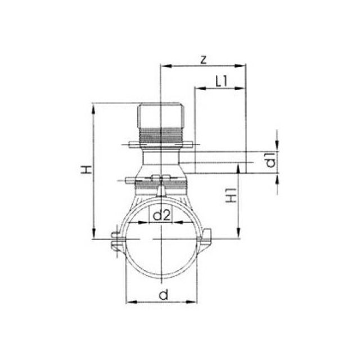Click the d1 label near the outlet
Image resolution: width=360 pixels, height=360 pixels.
coord(271,160)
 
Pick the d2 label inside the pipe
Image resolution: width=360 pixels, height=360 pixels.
coord(162,215)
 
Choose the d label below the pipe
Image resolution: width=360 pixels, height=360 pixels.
coord(163,295)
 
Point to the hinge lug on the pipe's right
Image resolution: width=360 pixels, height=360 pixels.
coord(207,237)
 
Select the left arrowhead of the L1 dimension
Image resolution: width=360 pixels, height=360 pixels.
coord(197,88)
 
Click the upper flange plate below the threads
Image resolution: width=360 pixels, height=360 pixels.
coord(161,146)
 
